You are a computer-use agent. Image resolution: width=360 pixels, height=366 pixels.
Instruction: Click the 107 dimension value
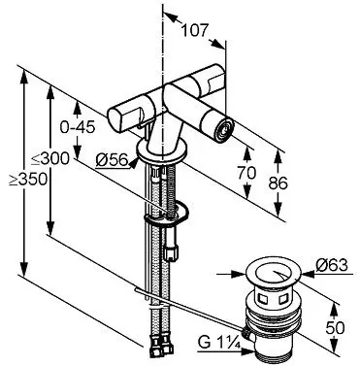[193, 30]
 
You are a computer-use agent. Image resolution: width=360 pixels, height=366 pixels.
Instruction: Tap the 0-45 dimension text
[78, 127]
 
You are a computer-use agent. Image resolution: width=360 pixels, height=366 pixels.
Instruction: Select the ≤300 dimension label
[50, 159]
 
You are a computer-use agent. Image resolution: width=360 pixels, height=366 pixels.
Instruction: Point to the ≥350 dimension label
[28, 180]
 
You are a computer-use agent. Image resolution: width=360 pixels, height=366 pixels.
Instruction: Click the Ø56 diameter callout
[113, 159]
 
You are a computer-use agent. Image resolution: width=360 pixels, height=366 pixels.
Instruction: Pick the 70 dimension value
[246, 173]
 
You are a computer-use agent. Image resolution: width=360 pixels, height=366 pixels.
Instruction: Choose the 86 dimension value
[278, 183]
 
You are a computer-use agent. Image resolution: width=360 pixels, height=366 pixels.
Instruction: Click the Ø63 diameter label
[332, 265]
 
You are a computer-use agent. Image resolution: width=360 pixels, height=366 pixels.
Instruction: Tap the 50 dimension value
[335, 328]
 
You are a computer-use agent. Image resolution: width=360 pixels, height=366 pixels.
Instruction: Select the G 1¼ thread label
[219, 342]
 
